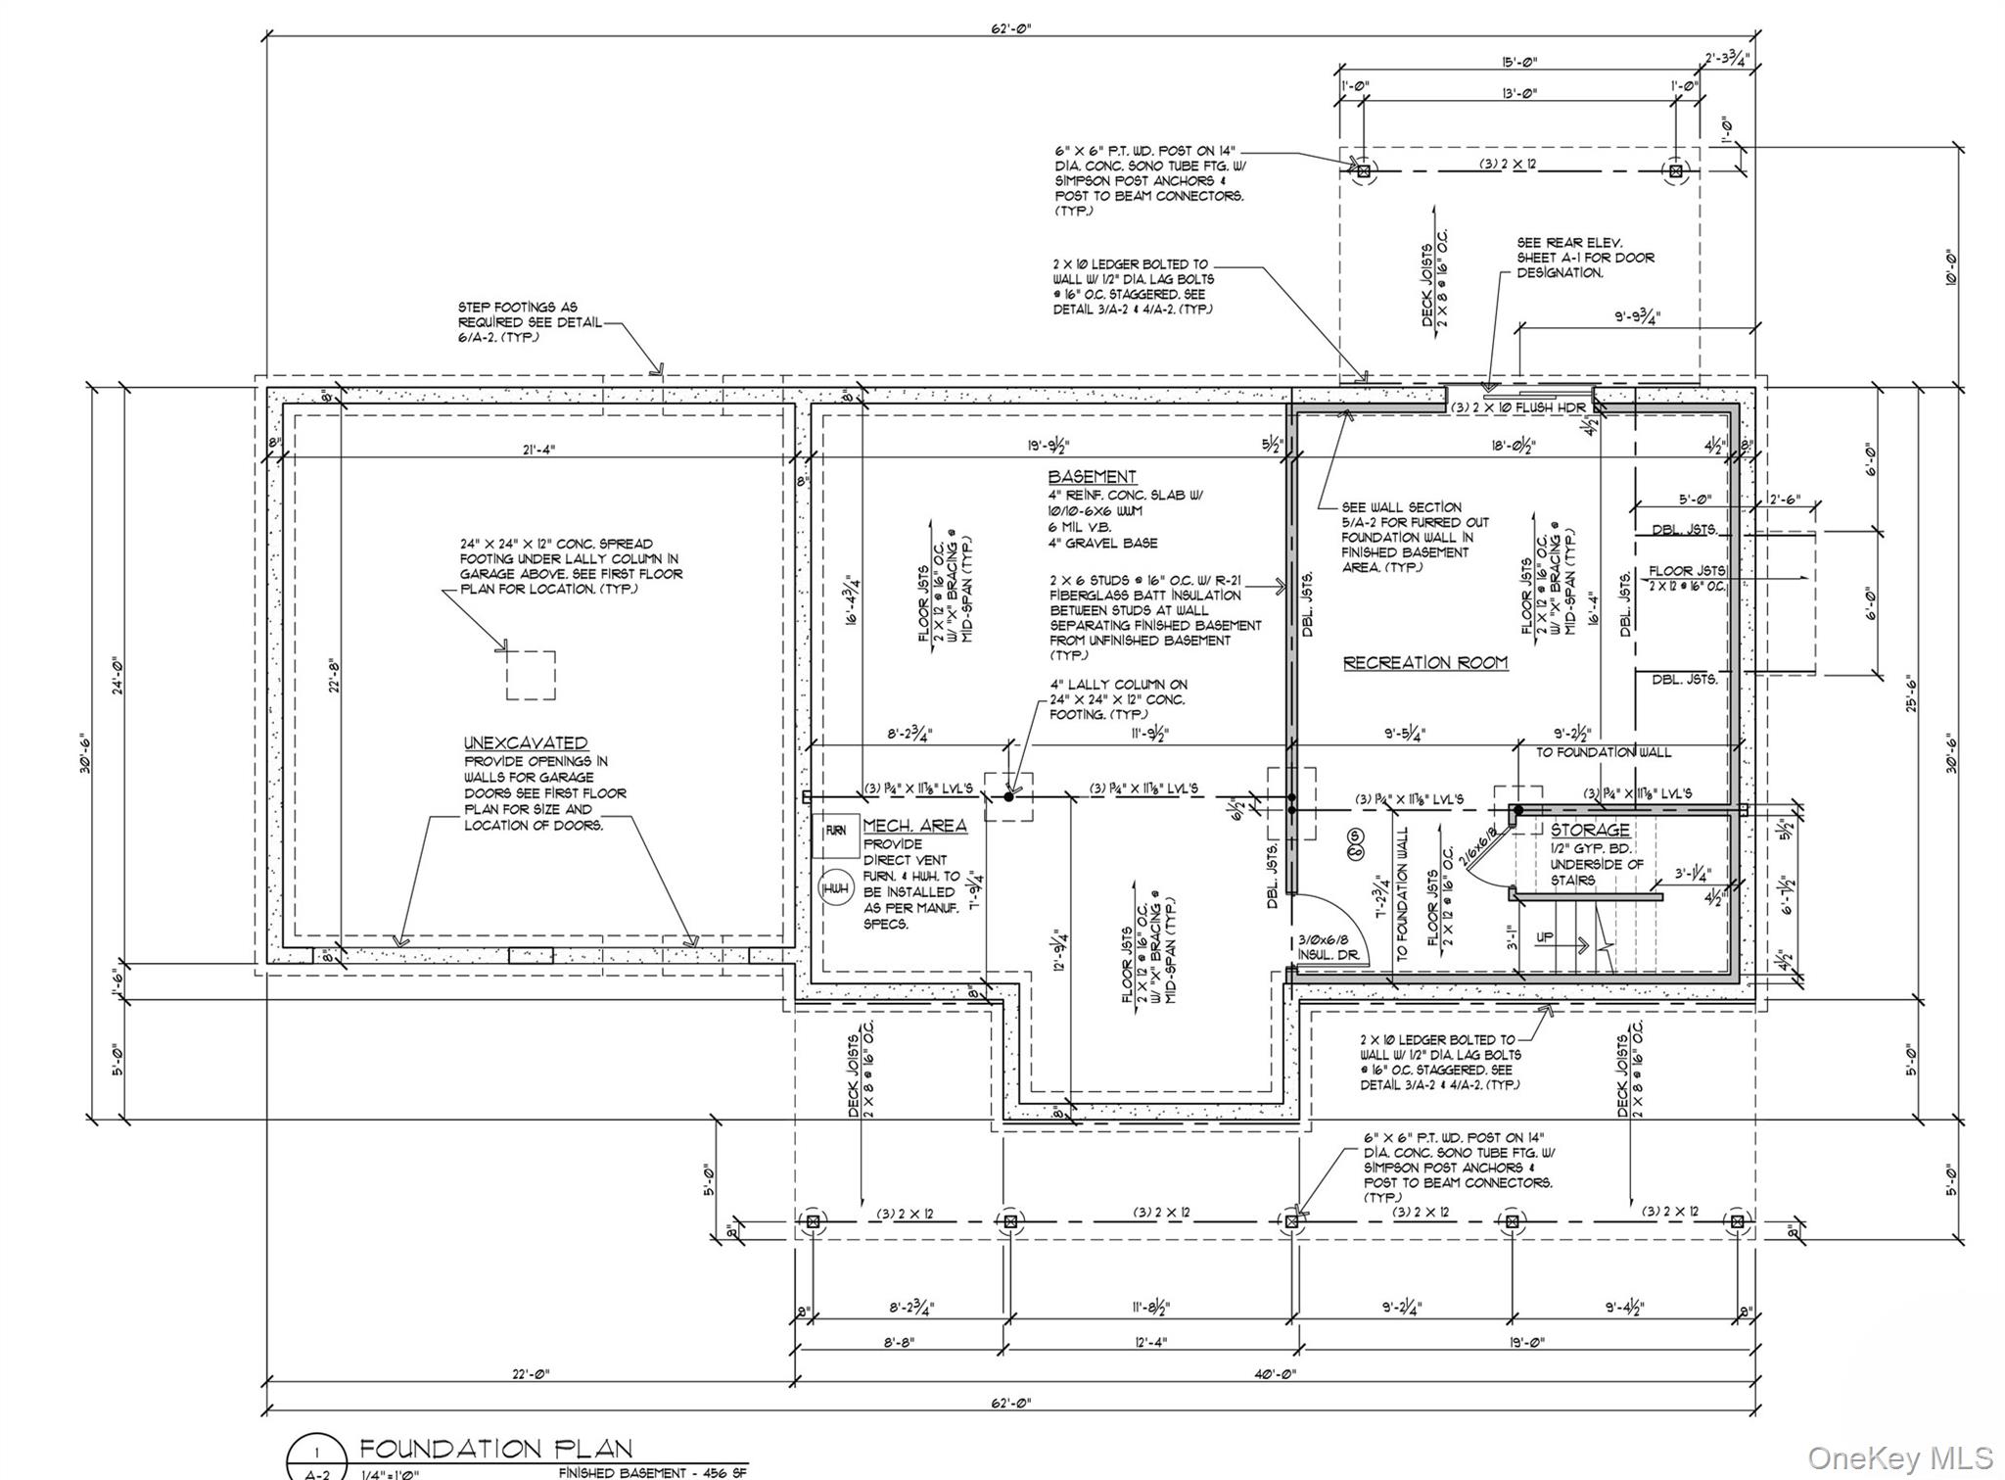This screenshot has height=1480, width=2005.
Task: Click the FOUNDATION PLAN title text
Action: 495,1448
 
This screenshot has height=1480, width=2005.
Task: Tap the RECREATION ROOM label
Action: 1424,663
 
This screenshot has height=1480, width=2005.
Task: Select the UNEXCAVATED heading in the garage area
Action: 526,742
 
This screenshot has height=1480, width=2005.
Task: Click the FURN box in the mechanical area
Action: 836,831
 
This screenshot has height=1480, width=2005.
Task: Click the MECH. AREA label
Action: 914,826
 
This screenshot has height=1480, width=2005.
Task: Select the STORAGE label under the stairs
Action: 1589,830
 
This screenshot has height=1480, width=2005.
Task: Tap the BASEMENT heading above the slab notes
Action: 1092,477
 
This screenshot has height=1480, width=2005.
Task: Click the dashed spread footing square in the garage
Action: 531,675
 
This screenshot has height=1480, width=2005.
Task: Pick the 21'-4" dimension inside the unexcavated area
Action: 539,449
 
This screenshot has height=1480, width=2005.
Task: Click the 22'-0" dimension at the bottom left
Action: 531,1374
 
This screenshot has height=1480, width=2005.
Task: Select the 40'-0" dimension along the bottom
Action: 1276,1374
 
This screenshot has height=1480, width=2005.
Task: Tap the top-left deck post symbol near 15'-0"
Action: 1363,170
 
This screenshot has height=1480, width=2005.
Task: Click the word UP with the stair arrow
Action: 1544,937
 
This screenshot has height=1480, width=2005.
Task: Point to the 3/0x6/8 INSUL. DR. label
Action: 1328,946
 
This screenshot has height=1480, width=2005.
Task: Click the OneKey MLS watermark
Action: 1899,1457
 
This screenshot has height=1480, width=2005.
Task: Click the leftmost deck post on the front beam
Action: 811,1221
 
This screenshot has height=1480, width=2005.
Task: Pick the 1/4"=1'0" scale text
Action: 390,1473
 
